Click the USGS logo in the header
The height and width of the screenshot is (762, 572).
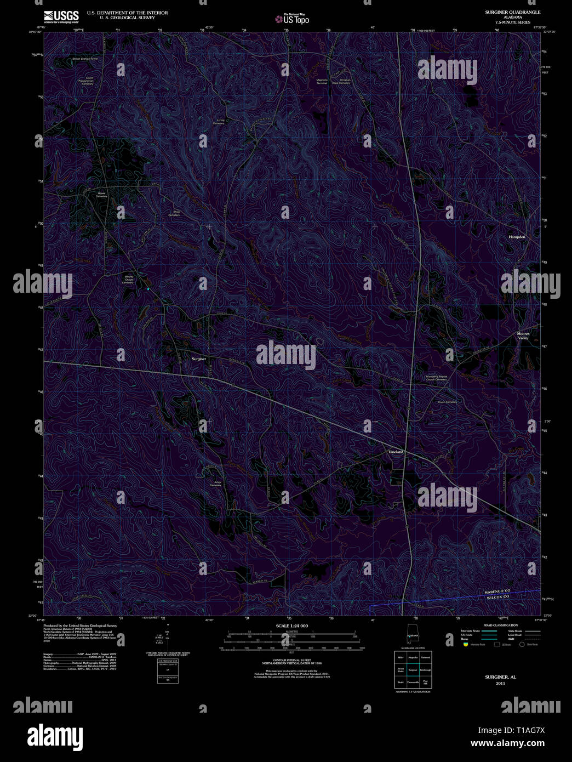pyautogui.click(x=61, y=16)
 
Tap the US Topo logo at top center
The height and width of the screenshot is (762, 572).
pyautogui.click(x=293, y=19)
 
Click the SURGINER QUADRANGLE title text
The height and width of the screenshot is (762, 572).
pyautogui.click(x=512, y=12)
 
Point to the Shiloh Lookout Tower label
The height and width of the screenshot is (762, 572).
pyautogui.click(x=84, y=58)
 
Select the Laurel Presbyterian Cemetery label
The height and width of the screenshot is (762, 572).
pyautogui.click(x=88, y=81)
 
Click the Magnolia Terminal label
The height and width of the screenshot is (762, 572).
pyautogui.click(x=322, y=82)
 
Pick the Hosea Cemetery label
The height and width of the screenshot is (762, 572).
pyautogui.click(x=101, y=195)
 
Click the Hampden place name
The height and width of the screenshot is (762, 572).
pyautogui.click(x=517, y=237)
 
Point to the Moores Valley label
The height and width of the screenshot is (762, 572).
pyautogui.click(x=523, y=335)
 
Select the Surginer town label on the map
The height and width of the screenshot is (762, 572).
pyautogui.click(x=199, y=359)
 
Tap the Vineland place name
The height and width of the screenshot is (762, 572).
pyautogui.click(x=396, y=452)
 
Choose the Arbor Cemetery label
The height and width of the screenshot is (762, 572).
pyautogui.click(x=215, y=484)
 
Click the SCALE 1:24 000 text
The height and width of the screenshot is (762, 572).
pyautogui.click(x=291, y=625)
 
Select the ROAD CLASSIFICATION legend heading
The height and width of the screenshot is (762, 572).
pyautogui.click(x=500, y=625)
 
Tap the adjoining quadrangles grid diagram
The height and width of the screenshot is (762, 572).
pyautogui.click(x=412, y=669)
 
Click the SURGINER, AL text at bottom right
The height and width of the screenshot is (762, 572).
pyautogui.click(x=500, y=677)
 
